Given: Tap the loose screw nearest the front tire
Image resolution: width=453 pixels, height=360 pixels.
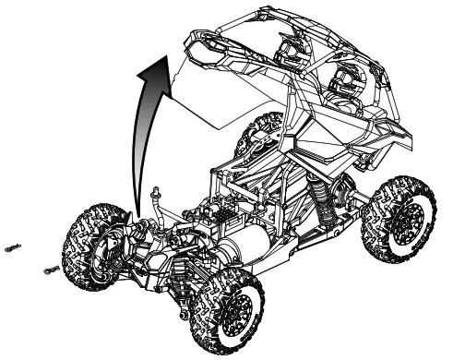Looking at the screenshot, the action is click(51, 269).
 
